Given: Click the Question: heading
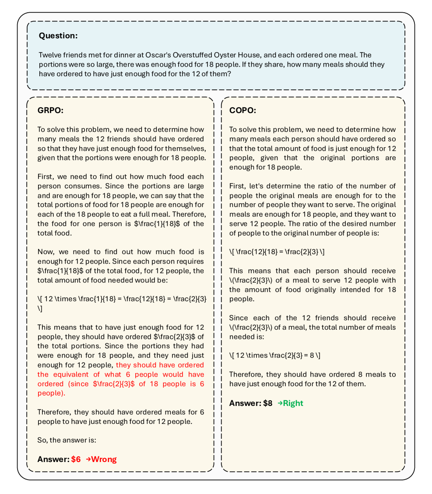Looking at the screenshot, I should tap(58, 36).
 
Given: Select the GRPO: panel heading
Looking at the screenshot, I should tap(50, 110).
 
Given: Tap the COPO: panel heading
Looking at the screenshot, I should tap(242, 110).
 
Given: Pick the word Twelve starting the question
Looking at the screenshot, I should tap(50, 55).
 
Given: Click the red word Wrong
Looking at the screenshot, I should tap(104, 459).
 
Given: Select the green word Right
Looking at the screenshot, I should tap(293, 403).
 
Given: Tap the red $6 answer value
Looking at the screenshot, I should tap(76, 459).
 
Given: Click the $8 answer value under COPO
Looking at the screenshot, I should tap(268, 403).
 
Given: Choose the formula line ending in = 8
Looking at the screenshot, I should tap(275, 356).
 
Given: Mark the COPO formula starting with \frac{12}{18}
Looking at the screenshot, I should tap(277, 252).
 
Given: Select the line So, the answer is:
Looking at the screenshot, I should tap(67, 441).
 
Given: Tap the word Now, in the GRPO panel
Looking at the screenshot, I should tap(46, 252).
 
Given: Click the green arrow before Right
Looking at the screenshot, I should tap(280, 403).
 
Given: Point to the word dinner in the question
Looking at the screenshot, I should tap(123, 55).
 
